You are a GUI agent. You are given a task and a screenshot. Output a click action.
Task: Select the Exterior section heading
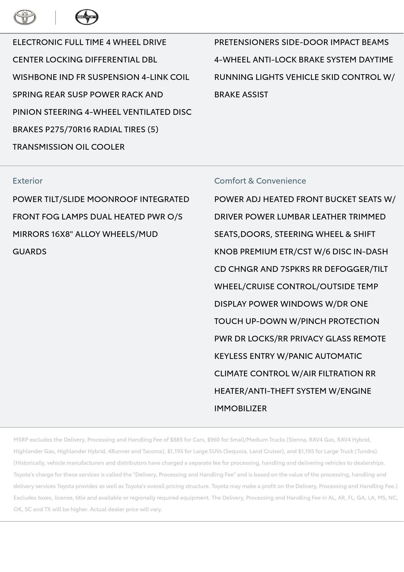pos(27,181)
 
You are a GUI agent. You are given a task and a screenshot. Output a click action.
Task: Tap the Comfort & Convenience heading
pos(260,181)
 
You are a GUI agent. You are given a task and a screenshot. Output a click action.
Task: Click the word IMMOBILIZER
pos(240,408)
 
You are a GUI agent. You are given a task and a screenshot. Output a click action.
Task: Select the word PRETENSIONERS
pos(247,42)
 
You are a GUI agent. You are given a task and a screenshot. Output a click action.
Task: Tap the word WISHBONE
pos(35,77)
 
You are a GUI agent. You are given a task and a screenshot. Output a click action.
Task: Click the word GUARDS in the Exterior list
pos(29,251)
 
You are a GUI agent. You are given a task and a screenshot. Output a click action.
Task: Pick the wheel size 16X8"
pos(62,234)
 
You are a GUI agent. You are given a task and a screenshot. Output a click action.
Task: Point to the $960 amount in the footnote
pos(213,440)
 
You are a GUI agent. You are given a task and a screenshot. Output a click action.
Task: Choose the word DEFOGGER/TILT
pos(356,269)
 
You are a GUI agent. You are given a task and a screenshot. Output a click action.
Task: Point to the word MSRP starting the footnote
pos(21,440)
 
